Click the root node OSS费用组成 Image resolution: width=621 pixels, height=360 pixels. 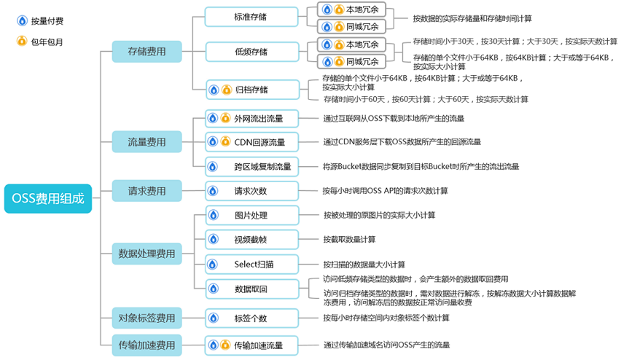(x=48, y=198)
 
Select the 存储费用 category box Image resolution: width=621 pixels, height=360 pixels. (x=147, y=52)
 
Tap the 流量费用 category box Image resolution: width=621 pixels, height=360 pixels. (x=147, y=142)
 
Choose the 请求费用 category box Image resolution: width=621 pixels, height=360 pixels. (x=147, y=191)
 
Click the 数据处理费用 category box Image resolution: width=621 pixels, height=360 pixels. (x=147, y=254)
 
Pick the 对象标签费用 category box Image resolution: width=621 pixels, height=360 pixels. (x=147, y=318)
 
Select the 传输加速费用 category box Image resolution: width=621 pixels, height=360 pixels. (x=147, y=345)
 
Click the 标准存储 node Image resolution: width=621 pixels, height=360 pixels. (x=251, y=17)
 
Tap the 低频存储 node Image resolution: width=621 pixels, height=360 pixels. (x=251, y=52)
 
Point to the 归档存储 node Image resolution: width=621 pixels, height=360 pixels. (x=251, y=90)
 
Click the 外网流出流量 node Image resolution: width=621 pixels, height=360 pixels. (x=251, y=118)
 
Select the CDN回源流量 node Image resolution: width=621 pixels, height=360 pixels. (x=251, y=142)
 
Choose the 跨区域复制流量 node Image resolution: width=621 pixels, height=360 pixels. (x=251, y=167)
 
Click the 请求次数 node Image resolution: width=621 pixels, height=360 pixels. (x=251, y=191)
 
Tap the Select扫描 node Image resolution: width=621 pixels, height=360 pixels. (x=251, y=265)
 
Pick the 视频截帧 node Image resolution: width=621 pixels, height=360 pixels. (x=251, y=239)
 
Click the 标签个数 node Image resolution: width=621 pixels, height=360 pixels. (x=251, y=318)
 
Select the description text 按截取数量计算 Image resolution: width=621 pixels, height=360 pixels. (x=350, y=239)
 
